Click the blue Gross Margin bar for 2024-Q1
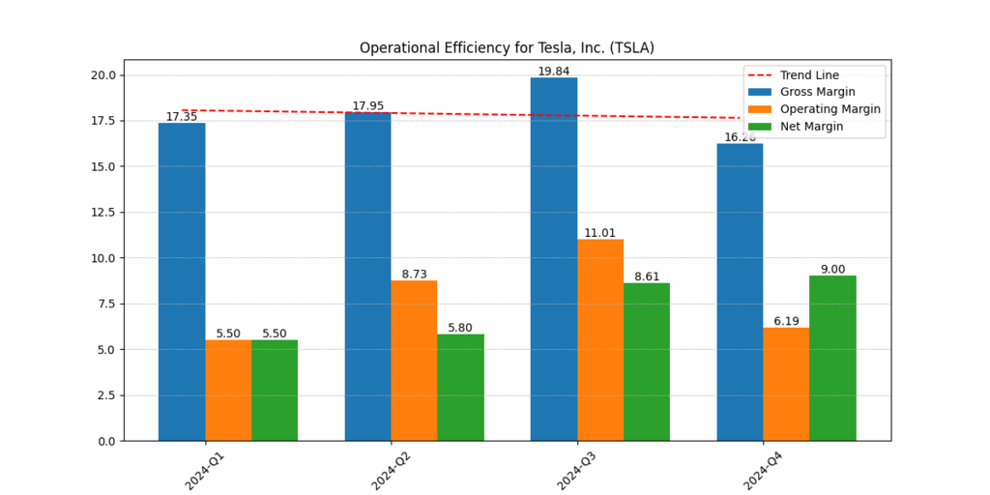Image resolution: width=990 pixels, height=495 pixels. tap(182, 281)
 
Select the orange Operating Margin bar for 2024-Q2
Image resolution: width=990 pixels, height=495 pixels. tap(414, 361)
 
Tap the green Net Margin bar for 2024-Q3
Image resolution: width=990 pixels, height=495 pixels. tap(647, 362)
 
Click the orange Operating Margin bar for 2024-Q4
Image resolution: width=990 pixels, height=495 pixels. tap(786, 384)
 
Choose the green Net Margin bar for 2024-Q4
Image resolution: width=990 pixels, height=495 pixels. tap(832, 358)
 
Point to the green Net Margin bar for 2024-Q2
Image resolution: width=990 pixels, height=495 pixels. tap(460, 388)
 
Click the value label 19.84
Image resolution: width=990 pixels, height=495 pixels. tap(554, 72)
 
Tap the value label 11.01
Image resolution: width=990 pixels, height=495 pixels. tap(600, 233)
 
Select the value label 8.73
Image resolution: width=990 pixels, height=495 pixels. tap(414, 275)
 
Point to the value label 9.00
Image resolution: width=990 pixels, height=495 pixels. tap(832, 270)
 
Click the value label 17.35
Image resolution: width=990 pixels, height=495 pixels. tap(182, 117)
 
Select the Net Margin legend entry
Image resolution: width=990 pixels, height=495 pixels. tap(811, 127)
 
